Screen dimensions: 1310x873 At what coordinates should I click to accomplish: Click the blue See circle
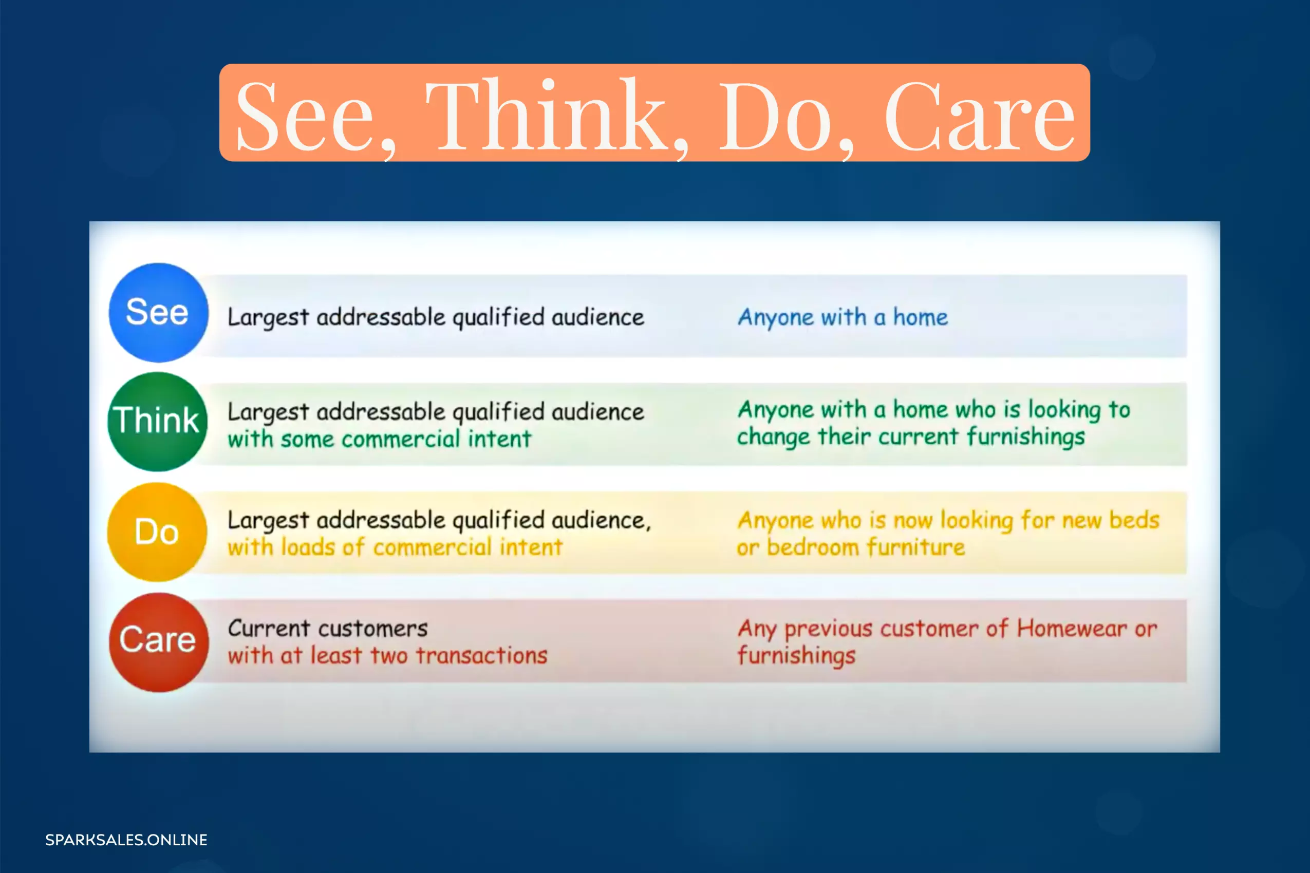(x=159, y=313)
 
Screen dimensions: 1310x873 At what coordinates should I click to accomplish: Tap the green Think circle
(x=158, y=422)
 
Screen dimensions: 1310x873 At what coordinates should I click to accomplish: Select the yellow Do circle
(x=157, y=532)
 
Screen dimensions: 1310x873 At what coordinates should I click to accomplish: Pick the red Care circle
(x=159, y=642)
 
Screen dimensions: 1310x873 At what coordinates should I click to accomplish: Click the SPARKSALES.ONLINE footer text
(x=126, y=840)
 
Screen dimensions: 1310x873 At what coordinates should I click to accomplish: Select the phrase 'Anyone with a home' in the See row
(x=843, y=318)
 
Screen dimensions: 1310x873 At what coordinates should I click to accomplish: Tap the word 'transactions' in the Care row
(x=482, y=655)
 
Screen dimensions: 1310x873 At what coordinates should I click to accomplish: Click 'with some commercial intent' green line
(x=379, y=439)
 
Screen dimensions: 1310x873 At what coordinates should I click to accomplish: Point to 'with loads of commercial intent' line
(x=395, y=547)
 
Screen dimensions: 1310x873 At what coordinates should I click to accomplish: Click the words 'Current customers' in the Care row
(x=328, y=629)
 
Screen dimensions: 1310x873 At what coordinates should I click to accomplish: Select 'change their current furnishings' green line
(x=911, y=437)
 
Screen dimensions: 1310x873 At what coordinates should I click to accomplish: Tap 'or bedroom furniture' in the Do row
(x=851, y=547)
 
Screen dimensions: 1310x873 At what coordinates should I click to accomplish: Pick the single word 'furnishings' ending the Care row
(x=796, y=656)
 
